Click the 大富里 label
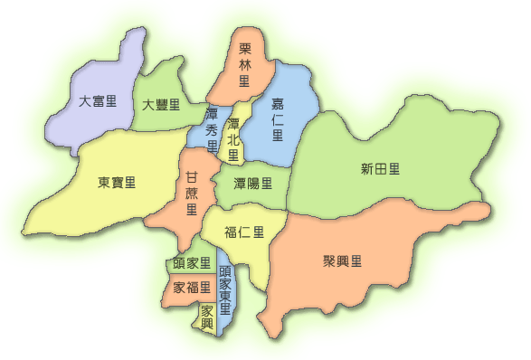coord(98,101)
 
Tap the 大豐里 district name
coord(161,106)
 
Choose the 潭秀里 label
coord(212,130)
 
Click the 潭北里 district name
coord(233,139)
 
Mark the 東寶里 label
coord(117,183)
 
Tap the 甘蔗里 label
coord(191,193)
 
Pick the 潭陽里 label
coord(252,184)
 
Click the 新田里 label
coord(380,169)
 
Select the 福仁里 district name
coord(244,232)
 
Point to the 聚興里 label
coord(342,261)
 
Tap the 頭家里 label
coord(191,263)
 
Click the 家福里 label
coord(191,288)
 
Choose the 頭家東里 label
coord(225,289)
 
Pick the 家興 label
coord(207,316)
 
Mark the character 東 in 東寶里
coord(104,183)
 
